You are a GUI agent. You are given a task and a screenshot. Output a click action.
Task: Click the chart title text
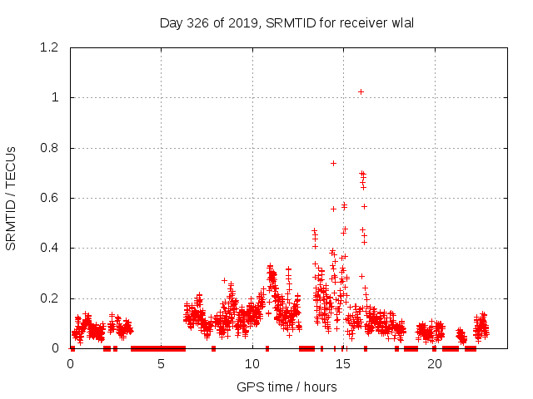(x=286, y=22)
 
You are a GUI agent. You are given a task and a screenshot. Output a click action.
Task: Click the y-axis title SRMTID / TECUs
(x=11, y=198)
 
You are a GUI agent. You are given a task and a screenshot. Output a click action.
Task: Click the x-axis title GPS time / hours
(x=286, y=387)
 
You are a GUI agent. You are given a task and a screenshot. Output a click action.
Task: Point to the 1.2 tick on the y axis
(x=52, y=47)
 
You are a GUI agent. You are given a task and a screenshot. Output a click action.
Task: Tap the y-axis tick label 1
(x=57, y=97)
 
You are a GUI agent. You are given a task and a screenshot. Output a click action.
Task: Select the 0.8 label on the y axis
(x=52, y=148)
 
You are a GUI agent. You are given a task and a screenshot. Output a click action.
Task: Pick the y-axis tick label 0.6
(x=52, y=198)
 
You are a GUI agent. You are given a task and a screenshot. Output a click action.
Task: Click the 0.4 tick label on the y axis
(x=52, y=248)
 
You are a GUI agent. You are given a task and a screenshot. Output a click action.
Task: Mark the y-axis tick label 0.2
(x=52, y=298)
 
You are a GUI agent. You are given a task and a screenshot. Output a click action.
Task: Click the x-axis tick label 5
(x=162, y=364)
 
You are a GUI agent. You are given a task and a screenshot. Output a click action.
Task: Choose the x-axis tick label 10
(x=252, y=364)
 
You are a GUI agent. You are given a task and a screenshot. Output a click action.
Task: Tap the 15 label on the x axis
(x=343, y=364)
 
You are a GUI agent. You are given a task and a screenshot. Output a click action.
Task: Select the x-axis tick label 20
(x=434, y=364)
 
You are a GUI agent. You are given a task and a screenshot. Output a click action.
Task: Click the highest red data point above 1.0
(x=361, y=91)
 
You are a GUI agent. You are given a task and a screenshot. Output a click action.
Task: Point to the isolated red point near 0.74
(x=333, y=163)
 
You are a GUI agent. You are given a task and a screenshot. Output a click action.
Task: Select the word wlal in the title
(x=401, y=22)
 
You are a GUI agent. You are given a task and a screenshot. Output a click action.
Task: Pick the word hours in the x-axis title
(x=320, y=387)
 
